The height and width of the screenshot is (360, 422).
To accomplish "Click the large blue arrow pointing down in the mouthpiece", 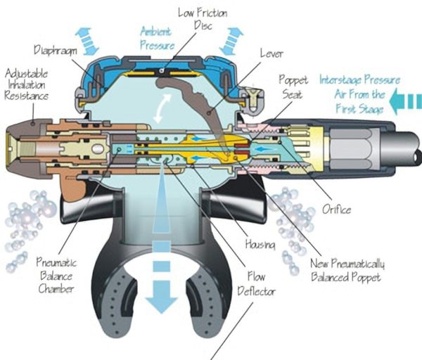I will click(162, 278).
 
